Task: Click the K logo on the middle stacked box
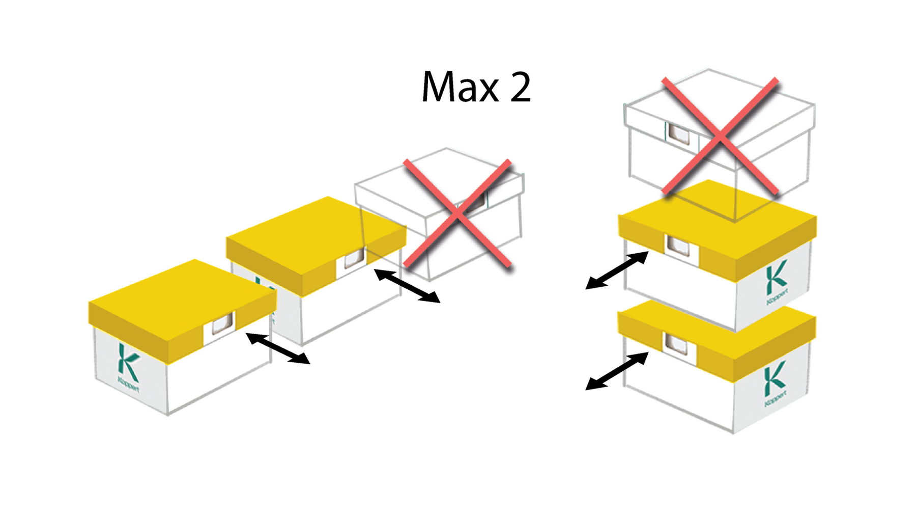(776, 278)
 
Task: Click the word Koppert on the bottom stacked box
(776, 398)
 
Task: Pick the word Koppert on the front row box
(128, 385)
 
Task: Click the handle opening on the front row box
(222, 323)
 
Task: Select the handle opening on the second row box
(354, 259)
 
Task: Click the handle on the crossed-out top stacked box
(679, 134)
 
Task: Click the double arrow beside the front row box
(278, 348)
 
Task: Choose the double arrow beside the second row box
(407, 286)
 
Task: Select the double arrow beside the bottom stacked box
(617, 371)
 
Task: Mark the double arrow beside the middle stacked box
(617, 270)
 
